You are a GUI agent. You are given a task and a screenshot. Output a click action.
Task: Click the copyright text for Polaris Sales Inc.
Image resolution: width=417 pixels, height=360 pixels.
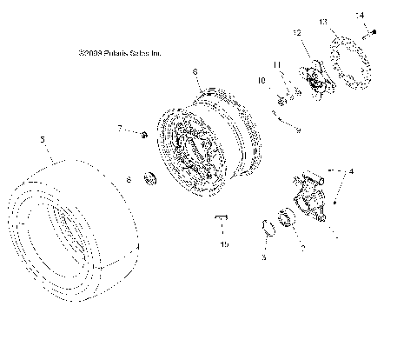[119, 53]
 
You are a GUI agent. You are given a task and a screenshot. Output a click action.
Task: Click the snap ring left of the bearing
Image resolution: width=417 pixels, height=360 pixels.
[270, 229]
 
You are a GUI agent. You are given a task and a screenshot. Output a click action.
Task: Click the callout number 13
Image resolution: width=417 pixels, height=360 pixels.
[322, 21]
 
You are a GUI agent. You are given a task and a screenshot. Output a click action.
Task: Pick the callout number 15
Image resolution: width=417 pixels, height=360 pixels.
[223, 245]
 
